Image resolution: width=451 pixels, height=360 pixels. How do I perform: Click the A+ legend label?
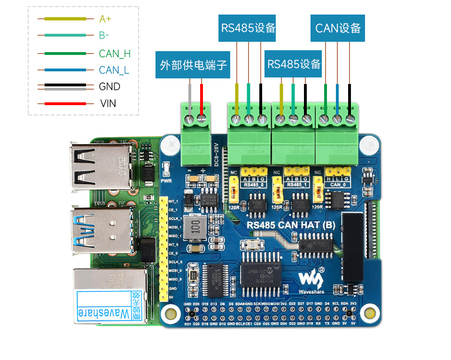point(105,19)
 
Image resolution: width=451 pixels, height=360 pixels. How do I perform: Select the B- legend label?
point(104,36)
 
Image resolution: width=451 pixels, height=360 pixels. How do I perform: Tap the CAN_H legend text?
point(115,54)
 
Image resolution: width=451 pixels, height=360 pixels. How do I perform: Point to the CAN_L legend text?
point(114,70)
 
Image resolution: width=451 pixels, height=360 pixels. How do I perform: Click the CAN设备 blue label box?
point(338,28)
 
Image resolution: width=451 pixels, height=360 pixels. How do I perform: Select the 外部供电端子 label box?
point(194,65)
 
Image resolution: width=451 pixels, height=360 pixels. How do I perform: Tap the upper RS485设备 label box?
point(248,28)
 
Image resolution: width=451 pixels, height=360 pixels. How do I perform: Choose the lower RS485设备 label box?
point(294,64)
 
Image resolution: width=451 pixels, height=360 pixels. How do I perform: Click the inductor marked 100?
point(194,229)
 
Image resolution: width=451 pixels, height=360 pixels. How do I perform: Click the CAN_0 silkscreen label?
point(337,185)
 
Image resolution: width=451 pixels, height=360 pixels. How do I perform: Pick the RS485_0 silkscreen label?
point(253,185)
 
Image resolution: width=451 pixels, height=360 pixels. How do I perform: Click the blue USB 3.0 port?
point(98,230)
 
